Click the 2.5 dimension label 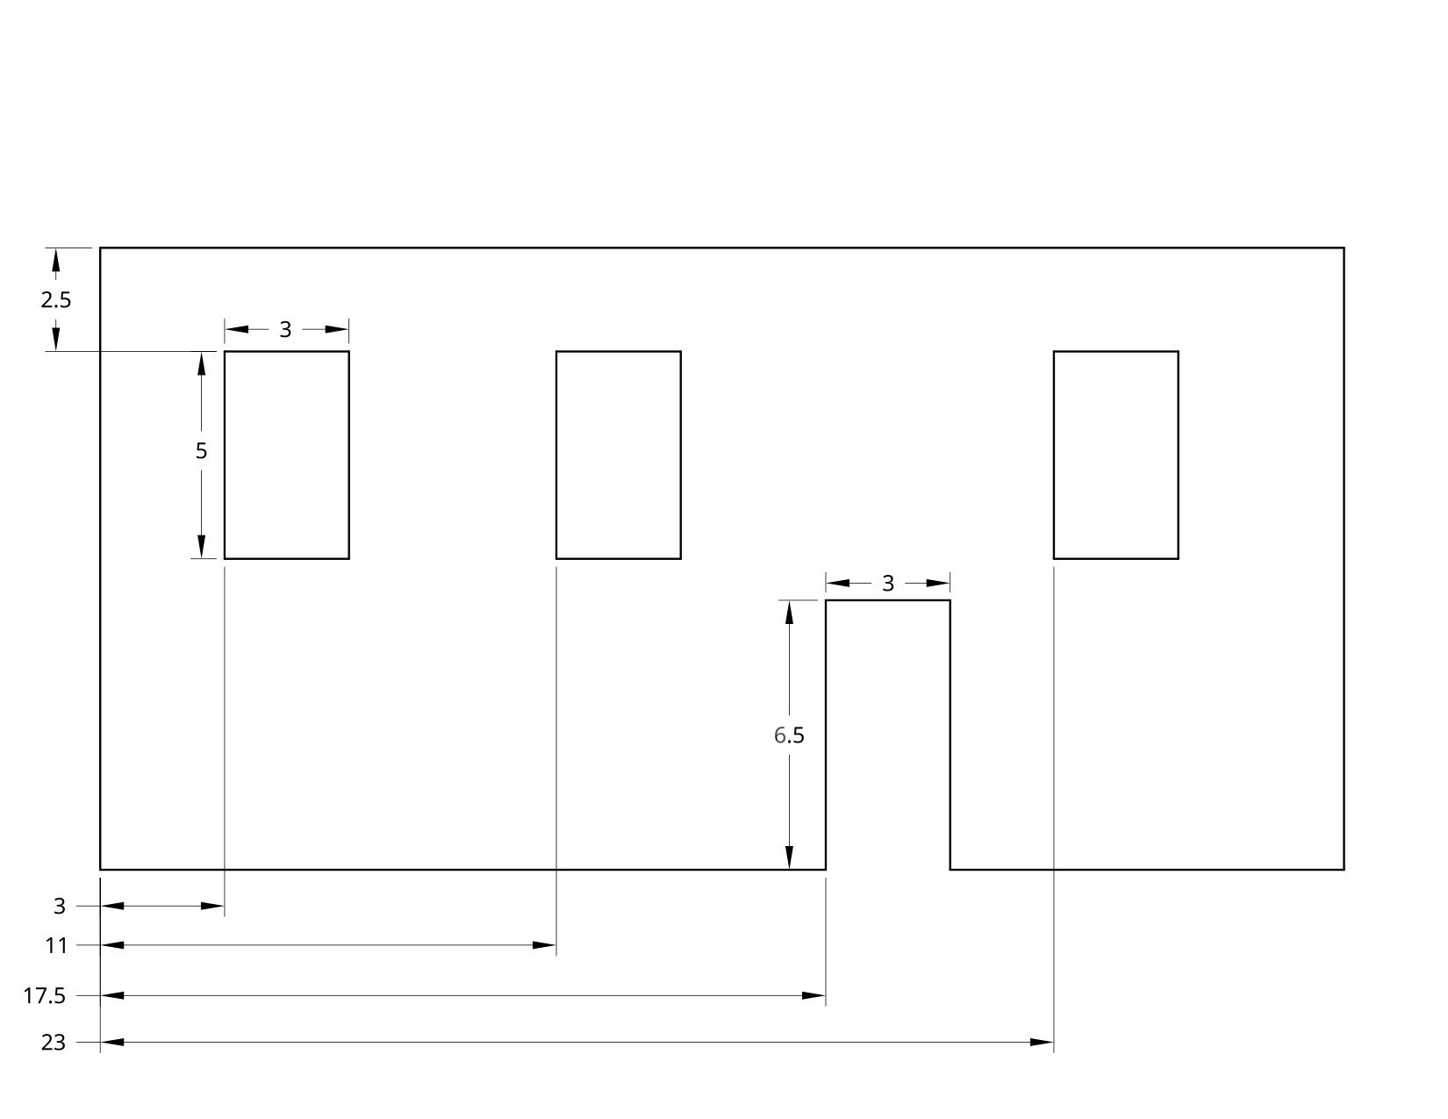[x=55, y=300]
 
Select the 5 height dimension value [x=201, y=451]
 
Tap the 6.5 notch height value [x=788, y=735]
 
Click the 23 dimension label [x=53, y=1043]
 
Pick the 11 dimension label [x=56, y=946]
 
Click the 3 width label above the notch [x=887, y=583]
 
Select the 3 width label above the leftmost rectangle [x=285, y=330]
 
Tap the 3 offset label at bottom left [x=60, y=906]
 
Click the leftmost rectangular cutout [x=287, y=455]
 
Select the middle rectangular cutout [x=619, y=455]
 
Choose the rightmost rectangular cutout [x=1115, y=455]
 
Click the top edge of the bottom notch [x=887, y=601]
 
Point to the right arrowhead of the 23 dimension [x=1042, y=1043]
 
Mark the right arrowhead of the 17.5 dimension [x=814, y=996]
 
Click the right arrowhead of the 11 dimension [x=545, y=945]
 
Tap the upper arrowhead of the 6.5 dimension [x=789, y=612]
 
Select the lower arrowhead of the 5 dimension [x=201, y=547]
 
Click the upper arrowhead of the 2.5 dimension [x=55, y=260]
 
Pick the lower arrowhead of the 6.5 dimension [x=789, y=857]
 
